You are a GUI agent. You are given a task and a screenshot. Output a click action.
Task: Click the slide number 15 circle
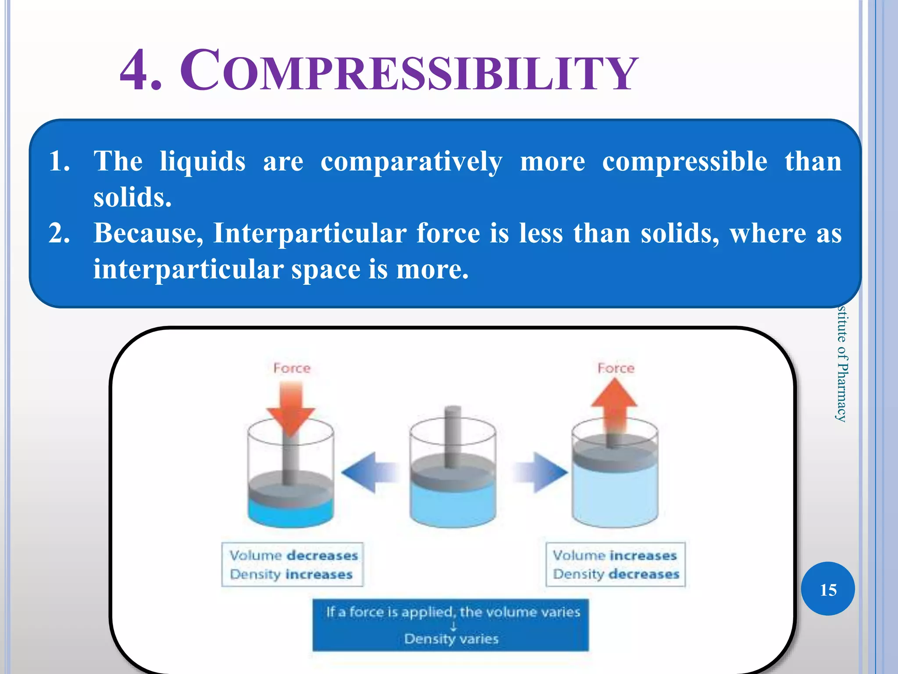click(x=827, y=589)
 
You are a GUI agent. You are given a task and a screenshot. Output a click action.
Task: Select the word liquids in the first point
click(x=202, y=161)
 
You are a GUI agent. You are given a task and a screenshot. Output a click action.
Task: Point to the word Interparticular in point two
click(x=310, y=233)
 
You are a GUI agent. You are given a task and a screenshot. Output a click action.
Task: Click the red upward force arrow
click(x=614, y=404)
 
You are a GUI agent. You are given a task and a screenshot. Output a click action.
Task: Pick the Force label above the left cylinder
click(x=292, y=368)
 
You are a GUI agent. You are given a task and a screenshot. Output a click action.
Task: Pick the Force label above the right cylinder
click(x=616, y=368)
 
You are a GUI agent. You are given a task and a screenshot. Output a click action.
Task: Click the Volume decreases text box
click(x=292, y=564)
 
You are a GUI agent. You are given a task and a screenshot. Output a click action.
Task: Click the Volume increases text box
click(x=615, y=564)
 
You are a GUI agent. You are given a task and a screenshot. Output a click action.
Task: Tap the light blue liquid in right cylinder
click(x=614, y=496)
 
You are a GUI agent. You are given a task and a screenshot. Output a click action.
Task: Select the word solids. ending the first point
click(x=132, y=197)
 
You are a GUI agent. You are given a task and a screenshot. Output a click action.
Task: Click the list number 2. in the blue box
click(x=59, y=233)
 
